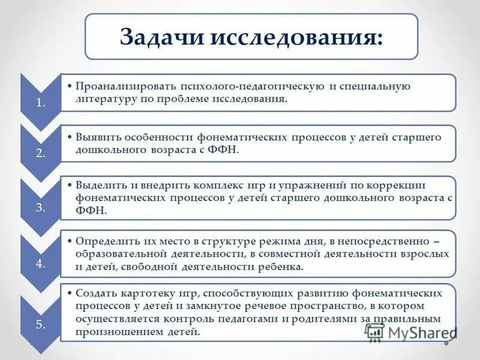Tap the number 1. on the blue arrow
coord(41,102)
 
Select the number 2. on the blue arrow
coord(41,153)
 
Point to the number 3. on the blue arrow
coord(41,208)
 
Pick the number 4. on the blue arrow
coord(41,265)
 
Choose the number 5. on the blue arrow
coord(41,325)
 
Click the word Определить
coord(106,241)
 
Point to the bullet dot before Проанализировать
coord(70,86)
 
